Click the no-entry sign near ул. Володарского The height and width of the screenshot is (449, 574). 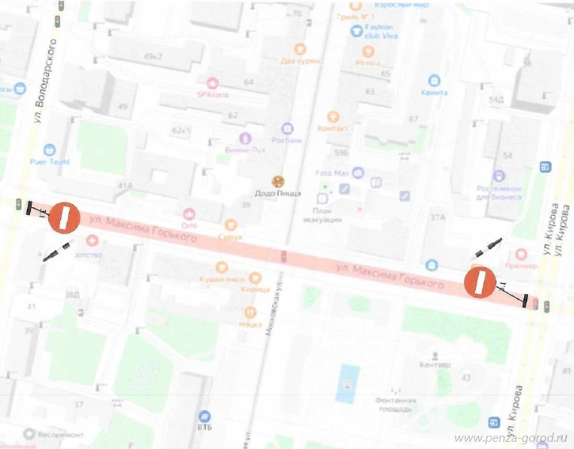click(x=65, y=217)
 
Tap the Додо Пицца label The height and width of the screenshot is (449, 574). click(x=276, y=194)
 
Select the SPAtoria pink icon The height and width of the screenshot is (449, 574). click(x=212, y=82)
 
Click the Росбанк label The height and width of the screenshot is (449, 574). click(x=287, y=140)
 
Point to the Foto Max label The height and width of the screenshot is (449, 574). click(x=333, y=172)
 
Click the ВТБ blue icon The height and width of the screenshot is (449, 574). click(x=204, y=415)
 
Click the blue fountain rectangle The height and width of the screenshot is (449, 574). click(x=346, y=383)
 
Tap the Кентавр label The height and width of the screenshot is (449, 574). click(x=435, y=365)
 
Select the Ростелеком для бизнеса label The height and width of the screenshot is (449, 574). click(x=500, y=193)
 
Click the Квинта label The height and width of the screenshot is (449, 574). click(x=434, y=92)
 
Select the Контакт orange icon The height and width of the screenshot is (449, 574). click(x=333, y=117)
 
